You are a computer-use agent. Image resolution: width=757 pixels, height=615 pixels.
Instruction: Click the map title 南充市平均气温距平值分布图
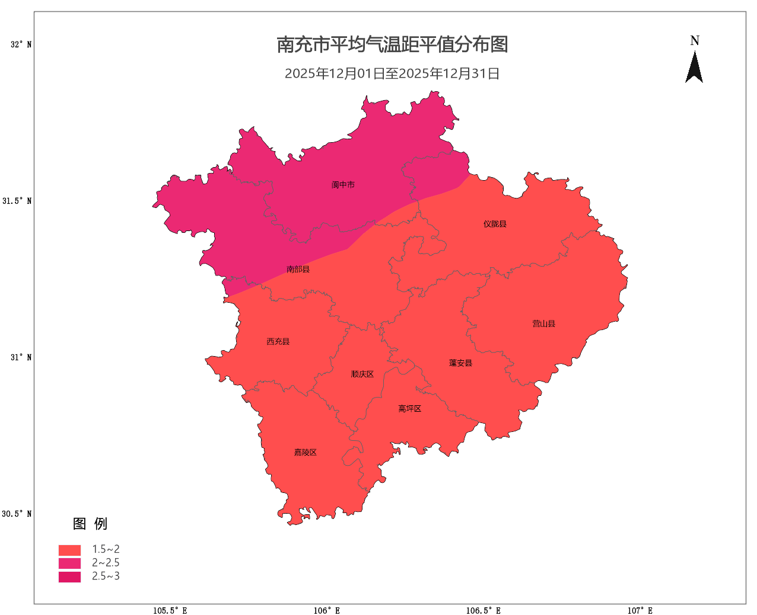tap(392, 44)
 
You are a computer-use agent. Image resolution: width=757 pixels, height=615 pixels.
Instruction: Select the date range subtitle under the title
tap(392, 73)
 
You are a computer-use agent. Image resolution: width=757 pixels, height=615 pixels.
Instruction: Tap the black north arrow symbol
tap(694, 68)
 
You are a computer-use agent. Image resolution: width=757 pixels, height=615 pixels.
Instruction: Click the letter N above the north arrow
tap(695, 41)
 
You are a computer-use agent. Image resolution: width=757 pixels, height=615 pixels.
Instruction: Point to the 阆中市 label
tap(343, 185)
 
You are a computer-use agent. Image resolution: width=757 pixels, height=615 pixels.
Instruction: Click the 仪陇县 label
tap(495, 224)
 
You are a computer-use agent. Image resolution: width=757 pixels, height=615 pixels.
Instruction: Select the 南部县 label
tap(298, 270)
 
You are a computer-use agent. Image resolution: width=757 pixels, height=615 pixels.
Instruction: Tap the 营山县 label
tap(543, 324)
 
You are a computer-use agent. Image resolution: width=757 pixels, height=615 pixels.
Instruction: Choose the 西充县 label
tap(278, 342)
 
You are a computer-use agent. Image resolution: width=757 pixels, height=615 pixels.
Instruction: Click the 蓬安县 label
tap(460, 363)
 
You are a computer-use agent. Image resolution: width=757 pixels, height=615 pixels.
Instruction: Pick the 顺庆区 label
tap(362, 374)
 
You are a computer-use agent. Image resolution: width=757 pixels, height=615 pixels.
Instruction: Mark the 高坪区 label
tap(409, 409)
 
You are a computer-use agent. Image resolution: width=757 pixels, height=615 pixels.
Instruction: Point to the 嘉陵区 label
tap(305, 453)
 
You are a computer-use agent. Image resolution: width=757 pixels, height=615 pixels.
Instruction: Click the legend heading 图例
tap(90, 524)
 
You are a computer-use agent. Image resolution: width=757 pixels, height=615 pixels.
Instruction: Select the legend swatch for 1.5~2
tap(69, 550)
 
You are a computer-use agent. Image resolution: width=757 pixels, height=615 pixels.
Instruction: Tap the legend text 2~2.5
tap(106, 563)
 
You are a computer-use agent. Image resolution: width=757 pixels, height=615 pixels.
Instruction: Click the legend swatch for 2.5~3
tap(69, 576)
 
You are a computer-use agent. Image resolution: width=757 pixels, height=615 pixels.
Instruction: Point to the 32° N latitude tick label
tap(21, 44)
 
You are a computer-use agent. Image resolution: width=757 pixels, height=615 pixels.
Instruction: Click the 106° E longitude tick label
tap(327, 610)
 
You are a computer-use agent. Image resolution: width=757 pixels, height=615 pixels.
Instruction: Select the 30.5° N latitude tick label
tap(17, 514)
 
